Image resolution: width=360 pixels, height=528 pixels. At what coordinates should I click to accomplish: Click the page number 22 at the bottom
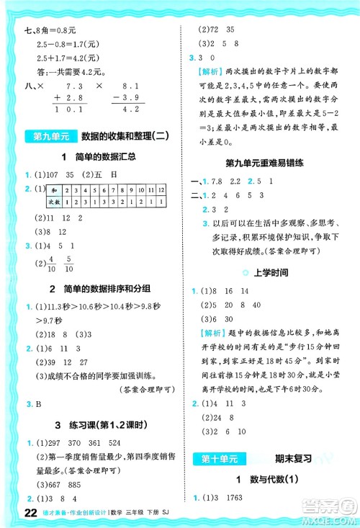tap(10, 512)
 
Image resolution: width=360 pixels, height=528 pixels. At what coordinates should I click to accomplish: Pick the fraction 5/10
tap(70, 264)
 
